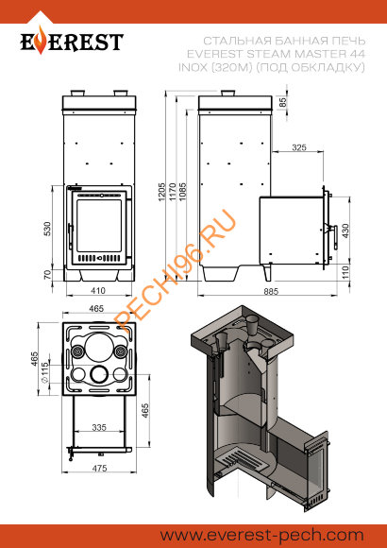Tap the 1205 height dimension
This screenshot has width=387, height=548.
point(161,192)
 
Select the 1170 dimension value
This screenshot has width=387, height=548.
point(172,192)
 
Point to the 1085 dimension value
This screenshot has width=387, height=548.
point(183,192)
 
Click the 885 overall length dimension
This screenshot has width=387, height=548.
point(271,291)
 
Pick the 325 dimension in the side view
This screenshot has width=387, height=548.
point(299,147)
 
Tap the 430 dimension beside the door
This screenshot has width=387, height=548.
point(345,231)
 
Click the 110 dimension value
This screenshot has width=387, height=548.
point(345,272)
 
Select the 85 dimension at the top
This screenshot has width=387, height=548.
point(282,102)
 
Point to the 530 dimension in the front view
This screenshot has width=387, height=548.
point(47,229)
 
